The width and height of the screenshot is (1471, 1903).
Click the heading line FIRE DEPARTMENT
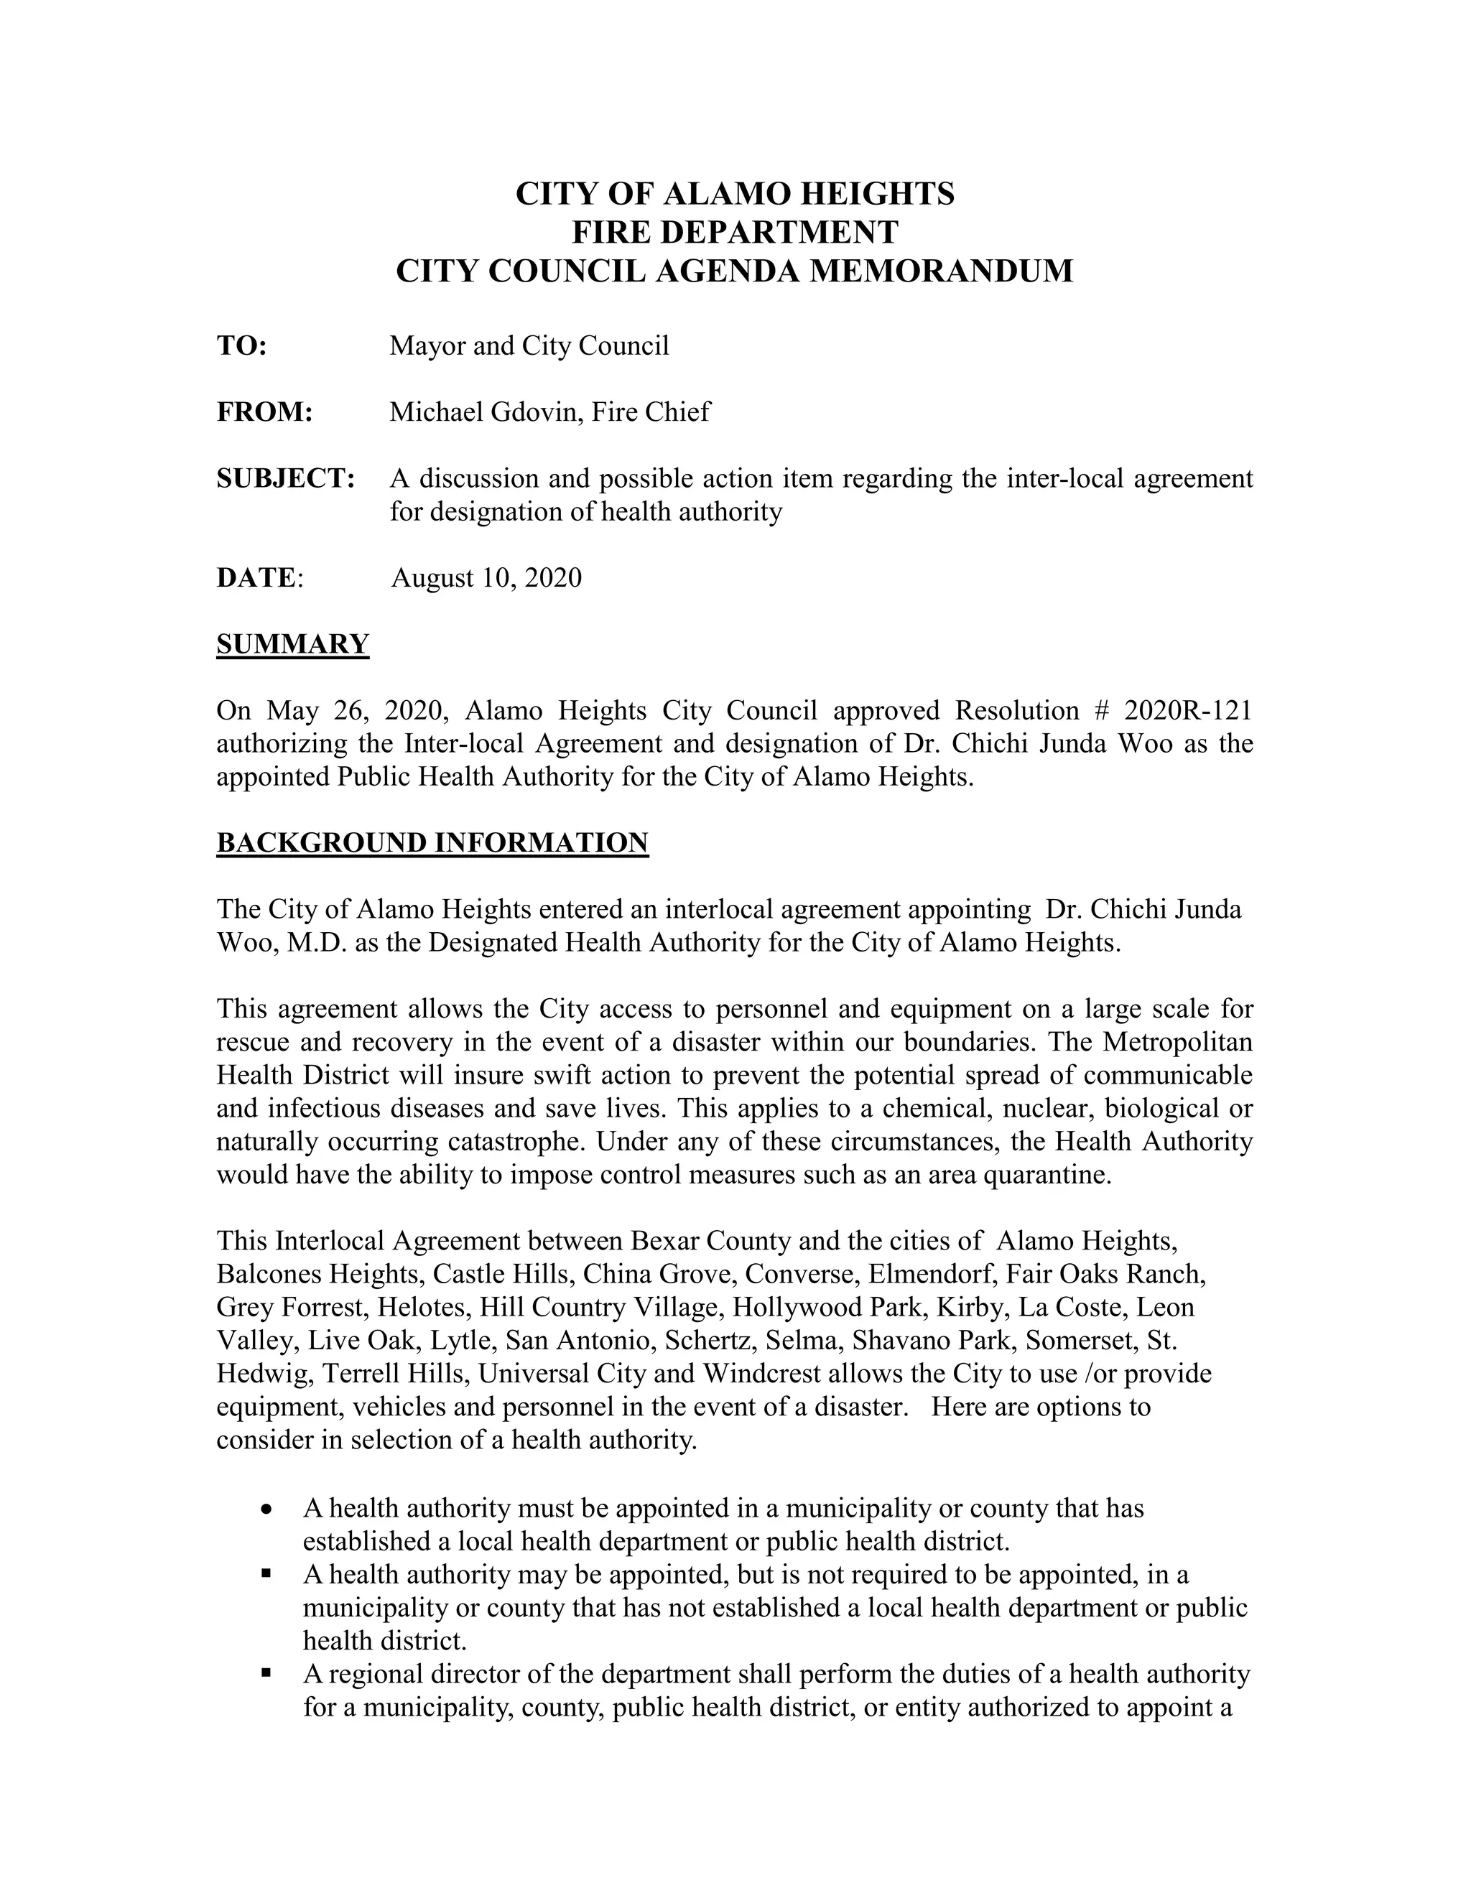[x=735, y=232]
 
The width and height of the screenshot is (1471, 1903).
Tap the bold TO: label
[x=241, y=346]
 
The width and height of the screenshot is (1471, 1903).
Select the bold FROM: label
[x=264, y=412]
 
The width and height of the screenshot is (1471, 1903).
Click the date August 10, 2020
[x=486, y=577]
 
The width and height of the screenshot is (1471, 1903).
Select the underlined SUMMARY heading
[x=293, y=644]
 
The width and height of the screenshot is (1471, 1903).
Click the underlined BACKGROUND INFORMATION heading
[x=432, y=842]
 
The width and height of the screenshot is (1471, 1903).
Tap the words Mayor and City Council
[x=529, y=346]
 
